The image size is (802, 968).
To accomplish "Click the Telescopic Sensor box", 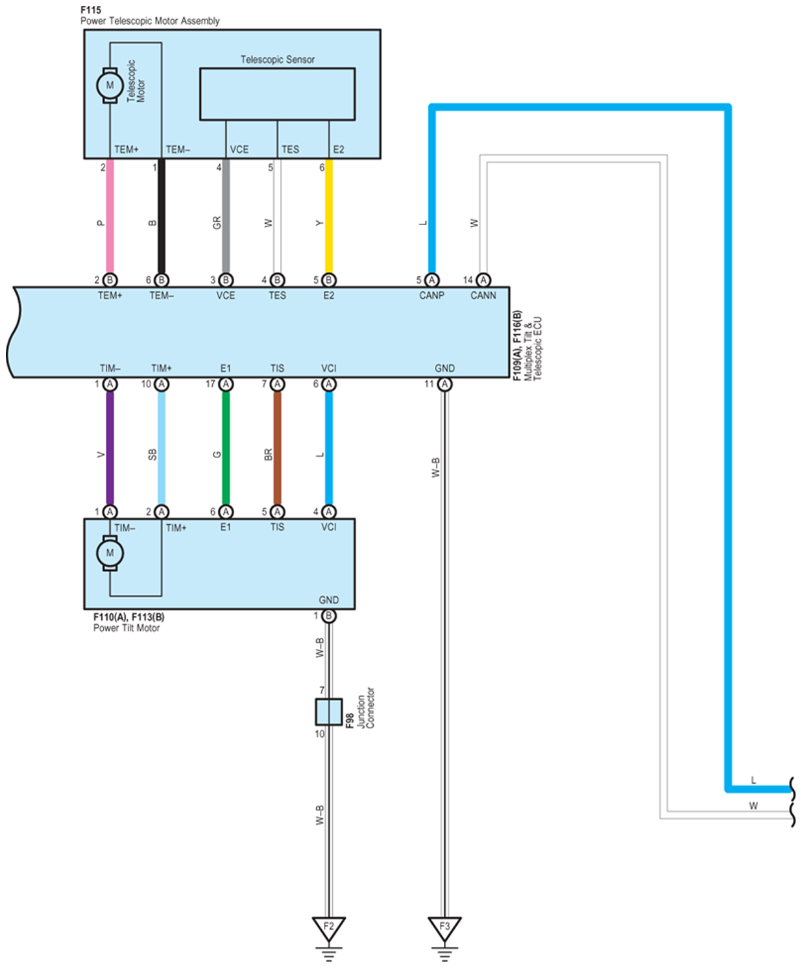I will pos(277,94).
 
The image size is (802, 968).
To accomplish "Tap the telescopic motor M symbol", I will pos(110,85).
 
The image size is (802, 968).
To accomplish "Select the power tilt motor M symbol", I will pos(110,553).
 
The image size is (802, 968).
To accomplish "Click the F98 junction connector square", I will pos(328,712).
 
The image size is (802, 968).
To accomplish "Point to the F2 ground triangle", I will pos(328,928).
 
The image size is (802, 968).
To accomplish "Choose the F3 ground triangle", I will pos(444,928).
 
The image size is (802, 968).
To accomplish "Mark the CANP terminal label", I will pos(431,295).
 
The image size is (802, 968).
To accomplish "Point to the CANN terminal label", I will pos(483,295).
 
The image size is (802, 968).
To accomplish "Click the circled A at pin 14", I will pos(483,280).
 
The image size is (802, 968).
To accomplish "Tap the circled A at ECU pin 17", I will pos(226,384).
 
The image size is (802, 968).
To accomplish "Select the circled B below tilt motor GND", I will pos(329,616).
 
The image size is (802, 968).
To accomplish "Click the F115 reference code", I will pos(91,10).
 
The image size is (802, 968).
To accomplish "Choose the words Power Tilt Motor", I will pos(127,628).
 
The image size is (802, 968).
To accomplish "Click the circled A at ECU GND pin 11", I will pos(444,384).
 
